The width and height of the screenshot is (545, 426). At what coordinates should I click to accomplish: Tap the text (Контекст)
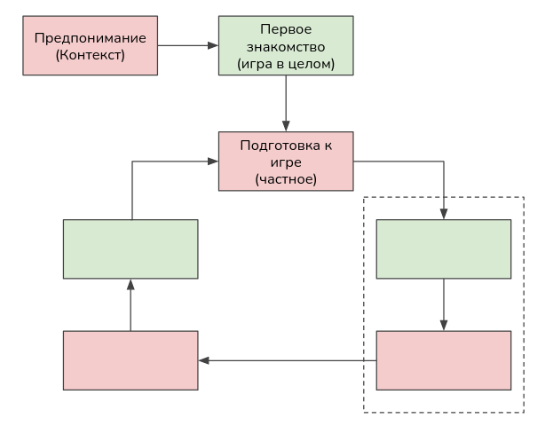click(91, 55)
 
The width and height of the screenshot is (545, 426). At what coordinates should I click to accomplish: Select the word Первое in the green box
click(286, 29)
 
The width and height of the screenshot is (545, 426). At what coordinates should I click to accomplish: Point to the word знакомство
click(286, 46)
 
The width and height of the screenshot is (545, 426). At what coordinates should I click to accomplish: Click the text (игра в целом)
click(286, 63)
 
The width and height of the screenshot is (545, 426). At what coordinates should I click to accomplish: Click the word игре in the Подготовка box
click(286, 162)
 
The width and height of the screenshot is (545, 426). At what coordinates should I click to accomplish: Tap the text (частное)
click(286, 179)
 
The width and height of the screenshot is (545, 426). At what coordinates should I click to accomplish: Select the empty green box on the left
click(130, 249)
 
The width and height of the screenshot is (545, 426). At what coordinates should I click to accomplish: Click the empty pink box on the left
click(130, 360)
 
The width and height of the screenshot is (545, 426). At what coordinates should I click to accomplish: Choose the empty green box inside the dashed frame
click(444, 249)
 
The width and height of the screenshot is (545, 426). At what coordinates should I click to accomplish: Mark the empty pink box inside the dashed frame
click(444, 360)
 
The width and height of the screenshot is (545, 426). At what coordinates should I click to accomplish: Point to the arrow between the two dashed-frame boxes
click(444, 304)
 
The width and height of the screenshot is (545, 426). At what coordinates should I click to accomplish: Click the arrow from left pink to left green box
click(130, 304)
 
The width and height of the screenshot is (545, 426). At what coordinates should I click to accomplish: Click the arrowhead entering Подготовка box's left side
click(213, 162)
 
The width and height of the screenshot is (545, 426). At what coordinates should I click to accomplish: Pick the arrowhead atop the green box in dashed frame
click(444, 214)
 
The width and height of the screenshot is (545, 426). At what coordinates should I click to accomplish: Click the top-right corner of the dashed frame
click(524, 197)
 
